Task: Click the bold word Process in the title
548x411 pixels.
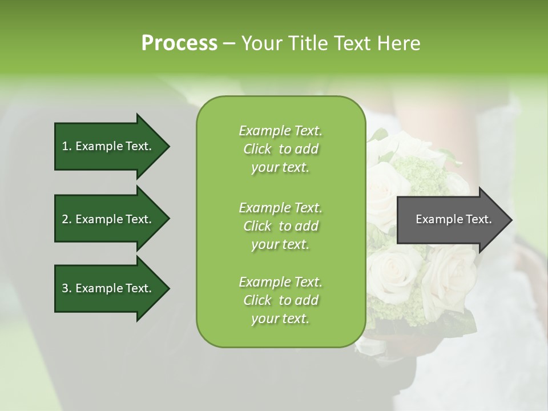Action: [x=179, y=43]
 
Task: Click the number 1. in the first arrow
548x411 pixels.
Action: [x=67, y=146]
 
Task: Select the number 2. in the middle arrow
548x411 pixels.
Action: [x=67, y=219]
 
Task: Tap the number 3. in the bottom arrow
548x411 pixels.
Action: [x=67, y=288]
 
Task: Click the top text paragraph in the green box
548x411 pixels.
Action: [x=280, y=149]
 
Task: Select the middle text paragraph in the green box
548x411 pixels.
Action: [x=280, y=226]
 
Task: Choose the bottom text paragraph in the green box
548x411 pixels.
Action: [x=280, y=300]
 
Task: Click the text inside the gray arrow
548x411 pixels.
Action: [x=453, y=219]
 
